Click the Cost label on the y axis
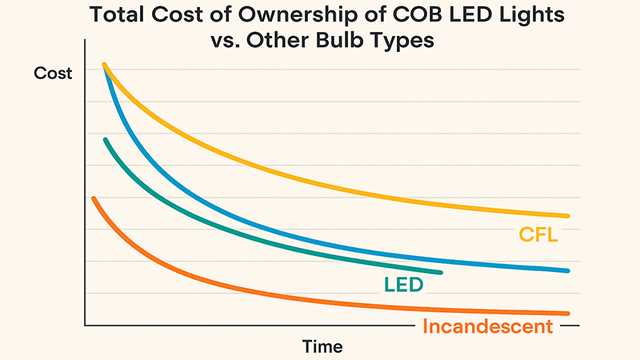point(53,74)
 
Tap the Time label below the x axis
point(322,346)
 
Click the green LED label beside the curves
point(403,284)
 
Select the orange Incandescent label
point(487,326)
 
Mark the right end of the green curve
point(441,273)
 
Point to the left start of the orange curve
point(94,198)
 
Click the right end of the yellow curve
point(567,216)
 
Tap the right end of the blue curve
point(567,271)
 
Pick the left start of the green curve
point(105,139)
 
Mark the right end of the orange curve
point(567,313)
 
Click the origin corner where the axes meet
point(83,326)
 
